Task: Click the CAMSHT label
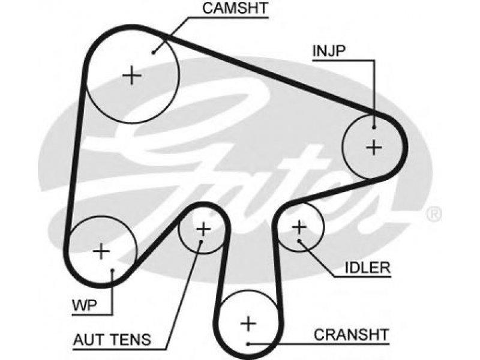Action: [235, 8]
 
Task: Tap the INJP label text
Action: [329, 51]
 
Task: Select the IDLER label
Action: [368, 268]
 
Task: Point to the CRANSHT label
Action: [352, 335]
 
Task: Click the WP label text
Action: [85, 305]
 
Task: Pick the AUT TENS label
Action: [112, 340]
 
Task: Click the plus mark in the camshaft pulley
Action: [132, 76]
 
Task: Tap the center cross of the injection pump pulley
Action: [374, 148]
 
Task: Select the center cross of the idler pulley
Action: [299, 227]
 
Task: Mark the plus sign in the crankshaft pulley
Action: [248, 323]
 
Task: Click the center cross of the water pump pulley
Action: [101, 251]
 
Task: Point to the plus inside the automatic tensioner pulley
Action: [203, 229]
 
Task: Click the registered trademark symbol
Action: [434, 214]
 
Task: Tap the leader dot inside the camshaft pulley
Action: [154, 52]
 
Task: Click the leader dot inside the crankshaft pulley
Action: [248, 344]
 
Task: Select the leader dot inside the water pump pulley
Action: [112, 271]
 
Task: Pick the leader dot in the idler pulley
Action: [299, 241]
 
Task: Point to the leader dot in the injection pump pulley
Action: [374, 127]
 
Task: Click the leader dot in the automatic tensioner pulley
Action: [201, 242]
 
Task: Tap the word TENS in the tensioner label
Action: [131, 340]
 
